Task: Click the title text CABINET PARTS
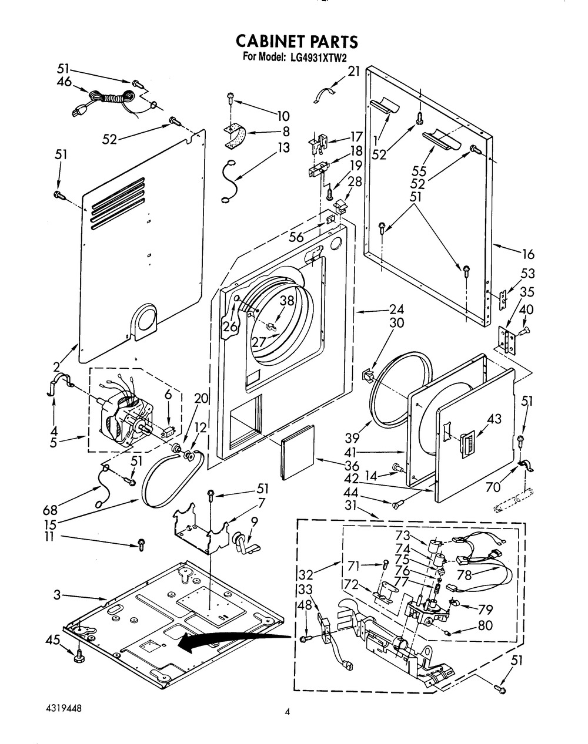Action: point(296,41)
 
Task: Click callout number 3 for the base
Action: point(57,595)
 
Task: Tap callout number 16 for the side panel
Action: point(528,254)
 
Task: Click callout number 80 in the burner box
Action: point(485,626)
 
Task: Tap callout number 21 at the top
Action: point(353,72)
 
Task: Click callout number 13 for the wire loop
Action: point(284,147)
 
